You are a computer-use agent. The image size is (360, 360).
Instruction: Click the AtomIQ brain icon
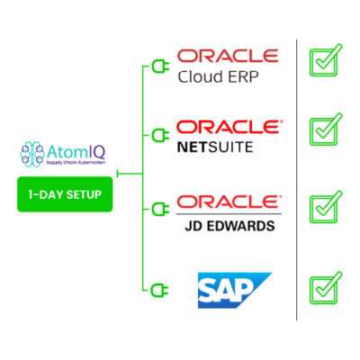(32, 154)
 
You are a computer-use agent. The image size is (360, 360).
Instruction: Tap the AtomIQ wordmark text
(76, 152)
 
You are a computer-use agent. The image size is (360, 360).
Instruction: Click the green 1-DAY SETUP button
(65, 194)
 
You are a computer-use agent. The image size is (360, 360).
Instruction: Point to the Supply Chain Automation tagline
(76, 163)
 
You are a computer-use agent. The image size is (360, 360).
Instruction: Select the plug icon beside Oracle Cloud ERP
(160, 67)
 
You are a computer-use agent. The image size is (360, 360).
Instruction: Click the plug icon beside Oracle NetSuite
(160, 136)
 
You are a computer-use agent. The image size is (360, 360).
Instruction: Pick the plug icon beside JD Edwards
(160, 209)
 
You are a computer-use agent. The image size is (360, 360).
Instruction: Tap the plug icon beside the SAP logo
(160, 290)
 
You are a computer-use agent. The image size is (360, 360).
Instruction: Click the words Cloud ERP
(218, 76)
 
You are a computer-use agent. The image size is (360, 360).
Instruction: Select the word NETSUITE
(215, 148)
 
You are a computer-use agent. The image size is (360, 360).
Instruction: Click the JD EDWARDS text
(229, 226)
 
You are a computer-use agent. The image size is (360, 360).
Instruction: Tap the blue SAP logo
(235, 290)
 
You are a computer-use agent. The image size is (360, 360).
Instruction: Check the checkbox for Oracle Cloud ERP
(326, 60)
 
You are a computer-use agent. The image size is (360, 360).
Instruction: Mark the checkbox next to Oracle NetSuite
(326, 130)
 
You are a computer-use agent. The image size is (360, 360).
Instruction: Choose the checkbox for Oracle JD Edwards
(326, 207)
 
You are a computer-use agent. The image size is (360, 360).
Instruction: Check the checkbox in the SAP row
(326, 288)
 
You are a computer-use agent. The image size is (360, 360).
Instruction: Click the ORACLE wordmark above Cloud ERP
(228, 56)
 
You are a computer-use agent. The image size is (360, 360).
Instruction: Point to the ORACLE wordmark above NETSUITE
(229, 127)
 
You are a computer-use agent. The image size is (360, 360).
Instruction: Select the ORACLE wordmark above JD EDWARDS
(229, 202)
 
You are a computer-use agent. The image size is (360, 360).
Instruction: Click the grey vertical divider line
(296, 180)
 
